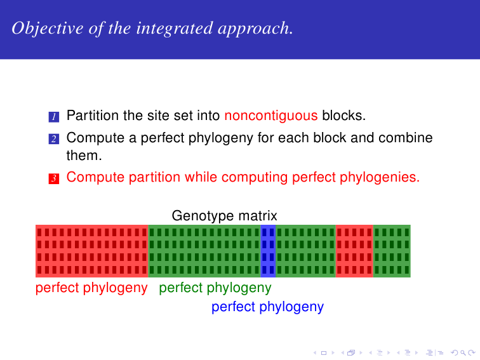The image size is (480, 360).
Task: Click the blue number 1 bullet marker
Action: [54, 117]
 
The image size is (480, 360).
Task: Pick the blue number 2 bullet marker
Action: [54, 138]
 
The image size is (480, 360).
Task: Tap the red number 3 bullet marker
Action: [54, 178]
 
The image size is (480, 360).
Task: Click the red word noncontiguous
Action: [271, 116]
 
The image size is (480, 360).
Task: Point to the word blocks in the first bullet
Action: [343, 116]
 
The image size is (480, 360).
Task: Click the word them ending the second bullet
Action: [84, 154]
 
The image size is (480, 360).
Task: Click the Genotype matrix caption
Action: [224, 216]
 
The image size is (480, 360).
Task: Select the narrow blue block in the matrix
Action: [268, 251]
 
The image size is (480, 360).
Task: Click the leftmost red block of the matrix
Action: [92, 251]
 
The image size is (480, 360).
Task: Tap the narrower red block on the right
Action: [354, 251]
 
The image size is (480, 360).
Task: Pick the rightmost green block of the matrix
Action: [391, 251]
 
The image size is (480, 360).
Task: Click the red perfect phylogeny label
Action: [91, 288]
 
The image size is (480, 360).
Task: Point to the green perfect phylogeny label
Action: [215, 288]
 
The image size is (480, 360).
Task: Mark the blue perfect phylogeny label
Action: [267, 307]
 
